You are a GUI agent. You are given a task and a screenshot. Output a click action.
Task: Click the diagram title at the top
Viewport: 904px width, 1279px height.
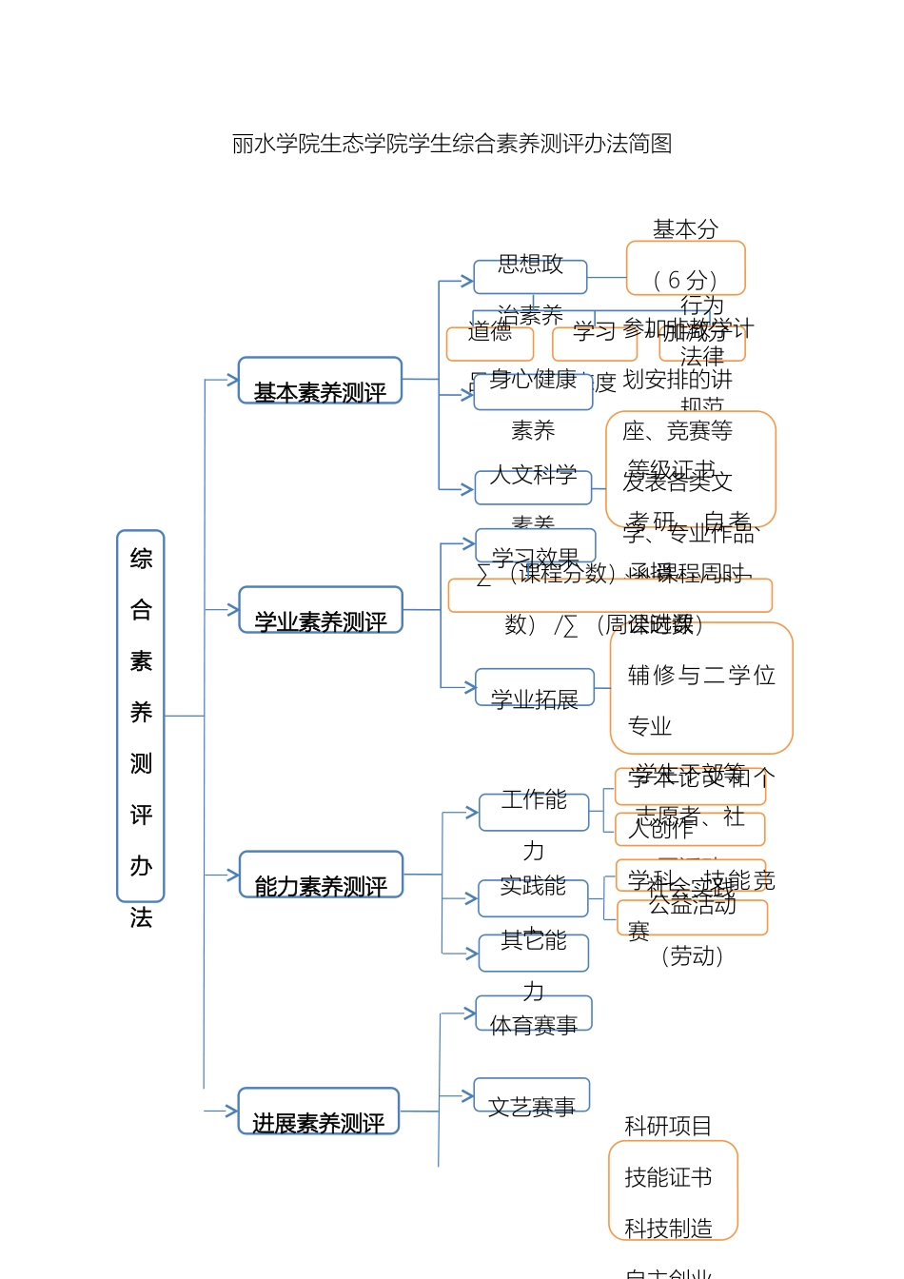pyautogui.click(x=452, y=144)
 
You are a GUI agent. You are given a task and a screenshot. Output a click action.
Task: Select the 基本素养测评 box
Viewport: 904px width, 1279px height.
pyautogui.click(x=320, y=381)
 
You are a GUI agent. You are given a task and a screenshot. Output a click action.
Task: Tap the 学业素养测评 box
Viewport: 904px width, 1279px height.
pyautogui.click(x=321, y=610)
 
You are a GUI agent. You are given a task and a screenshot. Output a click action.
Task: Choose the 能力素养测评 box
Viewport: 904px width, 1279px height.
pyautogui.click(x=321, y=875)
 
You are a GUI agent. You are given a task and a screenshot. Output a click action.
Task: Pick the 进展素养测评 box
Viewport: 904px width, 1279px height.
pyautogui.click(x=318, y=1111)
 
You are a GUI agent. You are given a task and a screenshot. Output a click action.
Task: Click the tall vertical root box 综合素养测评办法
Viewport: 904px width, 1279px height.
pyautogui.click(x=141, y=715)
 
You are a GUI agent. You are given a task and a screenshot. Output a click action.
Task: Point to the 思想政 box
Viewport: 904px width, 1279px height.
pyautogui.click(x=530, y=276)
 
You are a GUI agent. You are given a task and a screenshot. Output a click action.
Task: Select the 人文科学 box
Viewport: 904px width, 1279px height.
pyautogui.click(x=533, y=487)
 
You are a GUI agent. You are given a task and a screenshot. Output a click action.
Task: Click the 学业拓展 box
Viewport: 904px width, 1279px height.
pyautogui.click(x=535, y=687)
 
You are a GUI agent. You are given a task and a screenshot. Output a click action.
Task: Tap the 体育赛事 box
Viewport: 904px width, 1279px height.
pyautogui.click(x=534, y=1013)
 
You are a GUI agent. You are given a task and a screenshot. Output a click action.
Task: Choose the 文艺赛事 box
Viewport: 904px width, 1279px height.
pyautogui.click(x=532, y=1095)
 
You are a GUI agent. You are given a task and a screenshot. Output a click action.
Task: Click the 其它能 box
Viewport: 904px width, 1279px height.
pyautogui.click(x=534, y=953)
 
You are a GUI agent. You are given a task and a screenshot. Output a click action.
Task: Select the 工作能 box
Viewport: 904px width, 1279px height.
pyautogui.click(x=534, y=812)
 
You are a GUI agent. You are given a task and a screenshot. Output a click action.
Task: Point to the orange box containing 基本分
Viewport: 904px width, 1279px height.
pyautogui.click(x=685, y=267)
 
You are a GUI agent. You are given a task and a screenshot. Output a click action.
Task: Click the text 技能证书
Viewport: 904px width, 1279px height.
pyautogui.click(x=668, y=1178)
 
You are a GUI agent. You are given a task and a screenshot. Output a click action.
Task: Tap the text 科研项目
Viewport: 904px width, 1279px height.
pyautogui.click(x=668, y=1127)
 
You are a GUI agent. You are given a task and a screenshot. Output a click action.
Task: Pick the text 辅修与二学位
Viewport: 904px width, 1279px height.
pyautogui.click(x=701, y=676)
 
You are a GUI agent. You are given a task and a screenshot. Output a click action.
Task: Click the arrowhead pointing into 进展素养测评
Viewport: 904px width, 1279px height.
pyautogui.click(x=231, y=1111)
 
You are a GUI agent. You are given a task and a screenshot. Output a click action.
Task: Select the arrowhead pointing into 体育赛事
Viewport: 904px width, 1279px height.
pyautogui.click(x=469, y=1013)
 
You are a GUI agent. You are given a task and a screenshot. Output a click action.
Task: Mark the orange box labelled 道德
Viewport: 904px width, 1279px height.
pyautogui.click(x=490, y=344)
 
